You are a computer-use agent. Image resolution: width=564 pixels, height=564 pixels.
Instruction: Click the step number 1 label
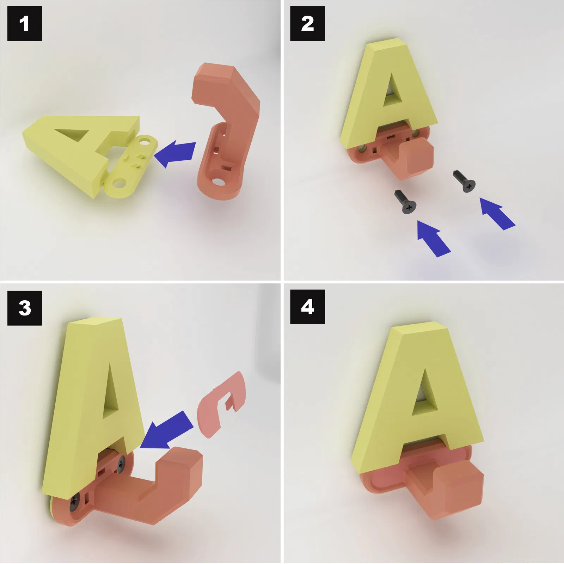(x=24, y=24)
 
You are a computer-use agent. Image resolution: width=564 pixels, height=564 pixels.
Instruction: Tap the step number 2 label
(x=307, y=24)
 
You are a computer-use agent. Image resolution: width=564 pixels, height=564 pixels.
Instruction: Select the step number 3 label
(x=24, y=308)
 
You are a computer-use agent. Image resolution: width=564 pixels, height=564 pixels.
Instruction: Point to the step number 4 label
(x=307, y=307)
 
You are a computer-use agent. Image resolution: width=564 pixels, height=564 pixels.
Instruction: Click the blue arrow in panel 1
(x=175, y=154)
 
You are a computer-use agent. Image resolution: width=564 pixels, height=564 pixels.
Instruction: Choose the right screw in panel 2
(x=464, y=182)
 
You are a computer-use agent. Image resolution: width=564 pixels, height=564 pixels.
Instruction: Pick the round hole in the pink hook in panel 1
(x=218, y=182)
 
